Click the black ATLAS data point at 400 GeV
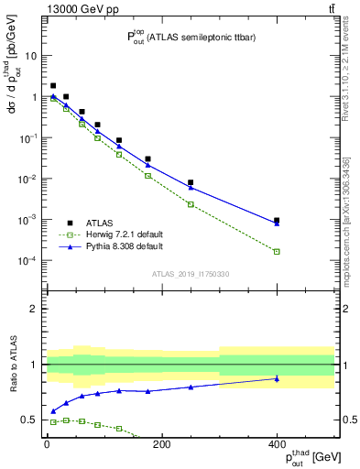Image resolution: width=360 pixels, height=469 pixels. [277, 220]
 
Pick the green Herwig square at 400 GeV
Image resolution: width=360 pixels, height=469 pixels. [277, 251]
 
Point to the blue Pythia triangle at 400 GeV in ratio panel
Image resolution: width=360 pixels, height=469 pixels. [277, 378]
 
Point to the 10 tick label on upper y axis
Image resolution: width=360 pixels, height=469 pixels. [30, 55]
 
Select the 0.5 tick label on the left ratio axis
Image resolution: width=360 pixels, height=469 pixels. [28, 420]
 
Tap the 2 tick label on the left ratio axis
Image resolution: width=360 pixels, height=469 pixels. [33, 309]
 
